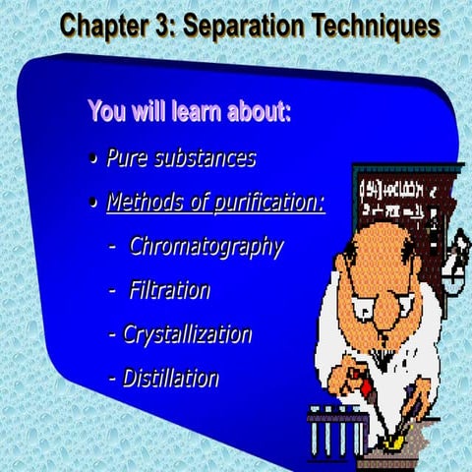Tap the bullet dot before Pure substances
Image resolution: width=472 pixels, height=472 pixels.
click(x=91, y=159)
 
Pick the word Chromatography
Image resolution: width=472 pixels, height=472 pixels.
click(x=206, y=246)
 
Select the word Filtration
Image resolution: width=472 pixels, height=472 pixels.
click(x=169, y=290)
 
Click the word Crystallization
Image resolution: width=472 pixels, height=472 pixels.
click(x=187, y=334)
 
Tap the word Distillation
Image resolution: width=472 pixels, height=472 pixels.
click(x=170, y=378)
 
